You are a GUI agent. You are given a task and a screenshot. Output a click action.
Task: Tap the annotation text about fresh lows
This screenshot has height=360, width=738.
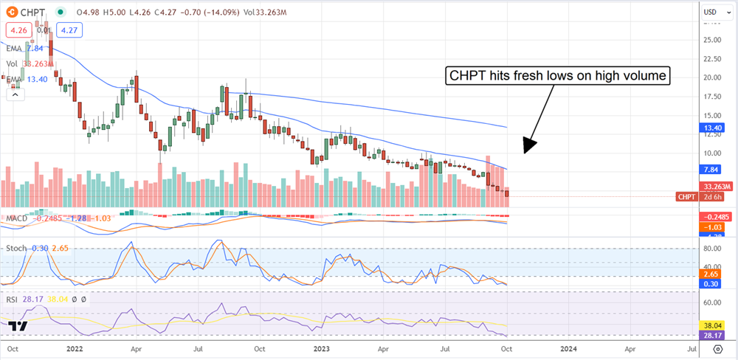pyautogui.click(x=557, y=76)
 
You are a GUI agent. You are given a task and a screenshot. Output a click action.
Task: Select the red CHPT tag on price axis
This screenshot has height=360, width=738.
pyautogui.click(x=687, y=197)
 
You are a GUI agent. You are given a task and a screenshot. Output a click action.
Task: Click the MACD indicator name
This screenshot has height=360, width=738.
pyautogui.click(x=18, y=218)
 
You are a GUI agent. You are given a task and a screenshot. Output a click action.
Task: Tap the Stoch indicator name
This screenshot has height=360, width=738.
pyautogui.click(x=17, y=248)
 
